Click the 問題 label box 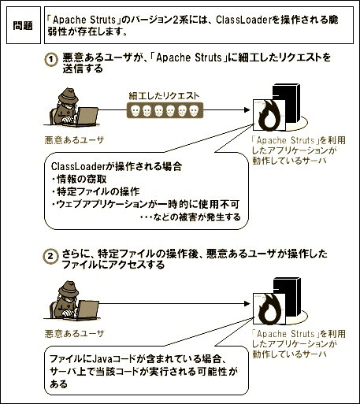[x=24, y=25]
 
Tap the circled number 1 [x=51, y=60]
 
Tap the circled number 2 [x=50, y=256]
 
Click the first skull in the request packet [x=135, y=110]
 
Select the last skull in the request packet [x=194, y=110]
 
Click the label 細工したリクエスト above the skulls [x=164, y=96]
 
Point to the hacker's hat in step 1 [x=69, y=96]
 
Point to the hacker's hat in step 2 [x=69, y=289]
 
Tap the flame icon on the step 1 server [x=269, y=115]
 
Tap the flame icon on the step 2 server [x=269, y=309]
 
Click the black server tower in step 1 [x=287, y=103]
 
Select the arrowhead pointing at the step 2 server [x=247, y=304]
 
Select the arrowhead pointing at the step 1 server [x=247, y=110]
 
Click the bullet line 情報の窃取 [x=80, y=179]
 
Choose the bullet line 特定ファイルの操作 [x=96, y=191]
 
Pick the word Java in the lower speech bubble [x=105, y=358]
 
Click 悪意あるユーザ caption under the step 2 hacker [x=75, y=334]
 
